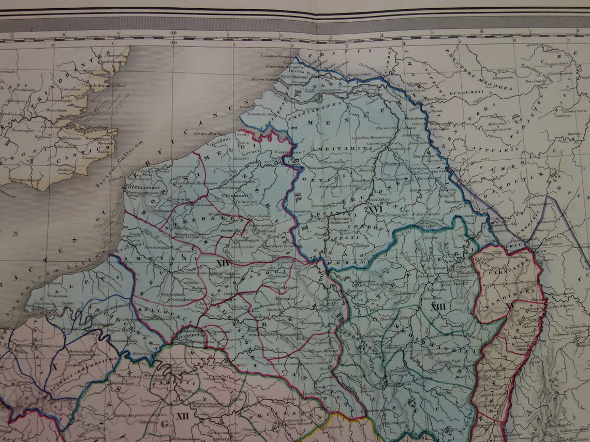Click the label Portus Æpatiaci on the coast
point(214,133)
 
